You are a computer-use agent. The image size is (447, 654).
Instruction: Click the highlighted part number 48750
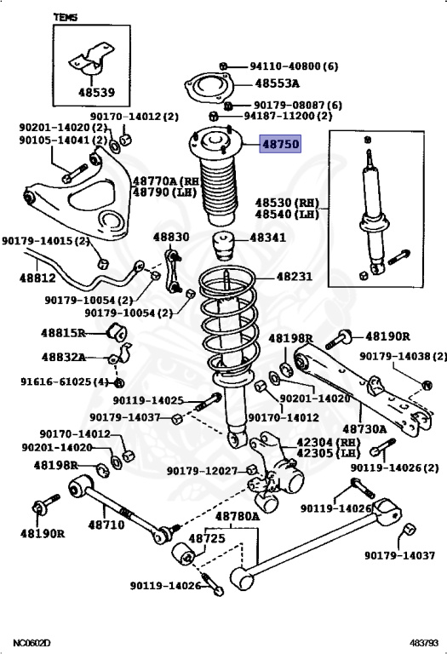[280, 144]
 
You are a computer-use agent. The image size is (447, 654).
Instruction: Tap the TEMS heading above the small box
[66, 17]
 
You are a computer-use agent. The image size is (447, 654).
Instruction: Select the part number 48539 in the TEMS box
[97, 92]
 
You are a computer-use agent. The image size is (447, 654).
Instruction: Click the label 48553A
[278, 83]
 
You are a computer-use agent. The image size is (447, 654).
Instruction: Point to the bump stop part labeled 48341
[223, 244]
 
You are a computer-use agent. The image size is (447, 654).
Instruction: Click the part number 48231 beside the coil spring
[295, 276]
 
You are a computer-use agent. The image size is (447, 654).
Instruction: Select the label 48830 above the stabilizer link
[171, 237]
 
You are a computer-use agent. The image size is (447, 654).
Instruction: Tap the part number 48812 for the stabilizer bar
[37, 278]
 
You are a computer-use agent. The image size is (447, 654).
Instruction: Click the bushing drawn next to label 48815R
[117, 331]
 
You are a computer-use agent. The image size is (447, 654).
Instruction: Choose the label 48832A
[63, 357]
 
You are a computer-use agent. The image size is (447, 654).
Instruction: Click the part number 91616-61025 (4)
[65, 381]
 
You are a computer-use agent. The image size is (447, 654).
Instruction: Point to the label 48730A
[365, 429]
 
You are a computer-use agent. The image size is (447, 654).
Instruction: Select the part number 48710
[106, 525]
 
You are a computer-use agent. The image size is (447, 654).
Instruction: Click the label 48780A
[238, 517]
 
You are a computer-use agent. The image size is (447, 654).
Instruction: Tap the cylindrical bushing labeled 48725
[183, 554]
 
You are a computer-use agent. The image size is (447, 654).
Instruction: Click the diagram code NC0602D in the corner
[32, 643]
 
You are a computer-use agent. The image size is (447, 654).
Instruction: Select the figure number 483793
[424, 643]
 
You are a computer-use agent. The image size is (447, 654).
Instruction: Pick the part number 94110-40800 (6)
[294, 66]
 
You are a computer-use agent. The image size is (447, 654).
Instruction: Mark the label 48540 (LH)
[287, 215]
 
